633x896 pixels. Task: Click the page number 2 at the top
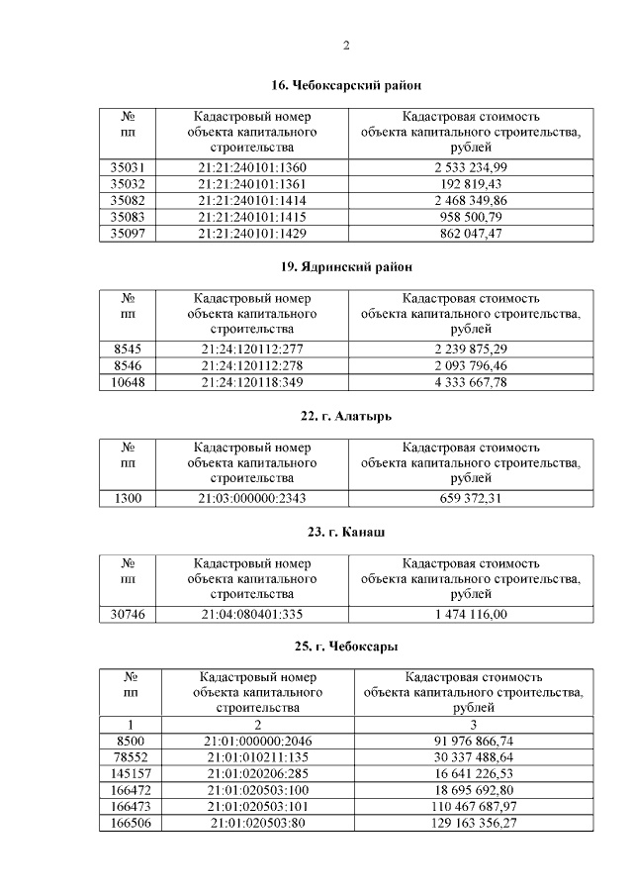pos(346,45)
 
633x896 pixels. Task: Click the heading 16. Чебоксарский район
pos(345,86)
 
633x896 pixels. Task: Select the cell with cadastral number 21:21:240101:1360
pos(252,167)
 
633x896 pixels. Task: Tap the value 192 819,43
pos(471,184)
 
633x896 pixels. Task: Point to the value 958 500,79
pos(471,217)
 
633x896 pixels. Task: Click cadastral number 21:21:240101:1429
pos(252,233)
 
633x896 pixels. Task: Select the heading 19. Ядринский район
pos(345,267)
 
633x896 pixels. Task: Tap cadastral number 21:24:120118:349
pos(252,381)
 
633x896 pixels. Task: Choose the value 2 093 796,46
pos(471,365)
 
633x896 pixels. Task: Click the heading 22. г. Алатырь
pos(345,416)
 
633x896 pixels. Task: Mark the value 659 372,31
pos(471,498)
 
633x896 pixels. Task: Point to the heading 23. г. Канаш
pos(345,533)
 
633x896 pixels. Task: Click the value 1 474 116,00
pos(471,615)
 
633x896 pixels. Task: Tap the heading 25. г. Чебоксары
pos(345,647)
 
